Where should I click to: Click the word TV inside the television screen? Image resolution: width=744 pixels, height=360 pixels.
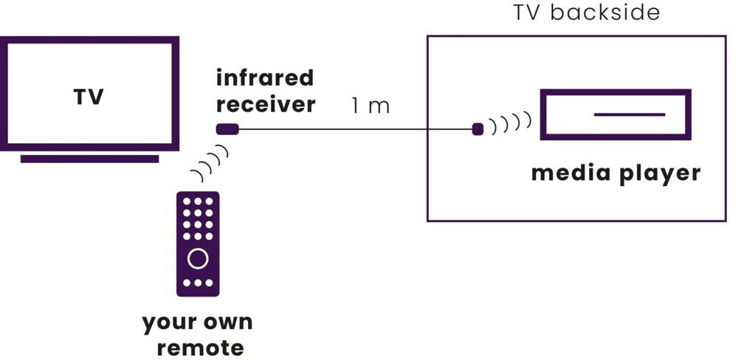click(x=89, y=97)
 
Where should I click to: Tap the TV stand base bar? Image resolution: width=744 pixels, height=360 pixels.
click(x=89, y=159)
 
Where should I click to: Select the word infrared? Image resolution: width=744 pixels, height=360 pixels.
click(x=265, y=77)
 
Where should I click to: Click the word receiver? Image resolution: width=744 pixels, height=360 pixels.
click(x=266, y=104)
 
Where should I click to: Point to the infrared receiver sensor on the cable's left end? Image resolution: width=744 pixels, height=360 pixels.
click(x=227, y=130)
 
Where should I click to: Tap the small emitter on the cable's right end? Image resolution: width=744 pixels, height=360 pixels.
click(x=478, y=130)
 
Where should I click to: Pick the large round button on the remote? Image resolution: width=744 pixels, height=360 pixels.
click(x=198, y=258)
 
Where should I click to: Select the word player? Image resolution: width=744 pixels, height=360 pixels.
click(x=659, y=175)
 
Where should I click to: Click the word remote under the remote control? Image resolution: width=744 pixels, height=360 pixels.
click(x=196, y=346)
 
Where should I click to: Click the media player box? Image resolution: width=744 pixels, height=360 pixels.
click(x=615, y=114)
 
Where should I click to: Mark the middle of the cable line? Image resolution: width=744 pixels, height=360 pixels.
click(x=355, y=131)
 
